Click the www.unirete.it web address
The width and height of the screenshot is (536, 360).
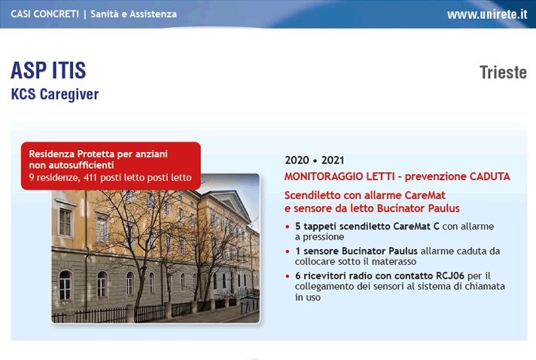[x=487, y=14]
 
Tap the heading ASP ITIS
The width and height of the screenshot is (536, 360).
[x=48, y=71]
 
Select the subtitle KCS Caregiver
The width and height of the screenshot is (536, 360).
[x=55, y=94]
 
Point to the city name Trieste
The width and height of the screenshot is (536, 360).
[x=503, y=72]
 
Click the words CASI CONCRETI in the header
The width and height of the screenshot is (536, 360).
[x=44, y=14]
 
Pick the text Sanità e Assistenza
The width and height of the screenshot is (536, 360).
[x=134, y=14]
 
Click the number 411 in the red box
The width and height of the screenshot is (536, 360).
[x=90, y=178]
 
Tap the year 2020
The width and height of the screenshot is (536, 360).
[x=297, y=160]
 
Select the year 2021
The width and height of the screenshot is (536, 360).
[x=333, y=160]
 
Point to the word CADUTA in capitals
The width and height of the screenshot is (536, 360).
[x=489, y=176]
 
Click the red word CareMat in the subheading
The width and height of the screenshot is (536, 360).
[x=425, y=195]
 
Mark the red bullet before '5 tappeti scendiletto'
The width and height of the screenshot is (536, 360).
[x=287, y=227]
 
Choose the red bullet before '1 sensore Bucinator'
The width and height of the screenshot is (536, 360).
[x=287, y=252]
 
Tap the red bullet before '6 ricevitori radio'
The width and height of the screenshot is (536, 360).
[x=287, y=276]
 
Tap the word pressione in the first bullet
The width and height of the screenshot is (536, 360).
[x=324, y=237]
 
